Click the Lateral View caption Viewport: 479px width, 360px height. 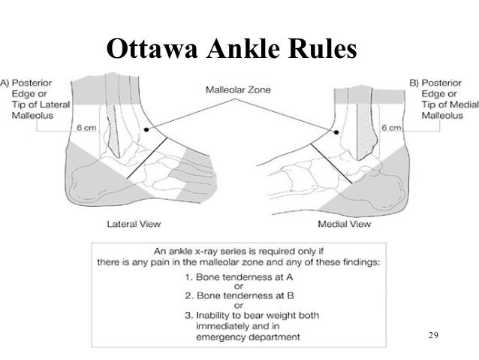click(x=134, y=223)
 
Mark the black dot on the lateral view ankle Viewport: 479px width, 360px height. click(x=147, y=131)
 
